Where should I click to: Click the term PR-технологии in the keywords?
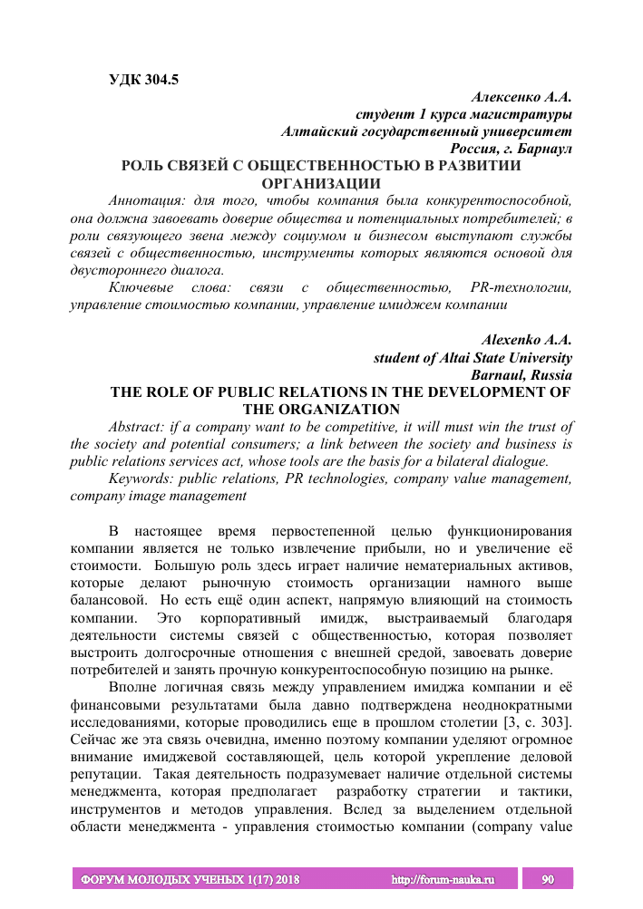click(515, 287)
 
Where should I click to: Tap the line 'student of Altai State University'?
click(473, 357)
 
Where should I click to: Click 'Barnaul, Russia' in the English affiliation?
click(521, 374)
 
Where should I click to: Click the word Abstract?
click(138, 427)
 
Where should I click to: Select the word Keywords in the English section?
click(140, 479)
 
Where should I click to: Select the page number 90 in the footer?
click(547, 879)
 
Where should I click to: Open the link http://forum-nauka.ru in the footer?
click(441, 879)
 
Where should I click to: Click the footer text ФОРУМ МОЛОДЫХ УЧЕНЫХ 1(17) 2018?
click(191, 879)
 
